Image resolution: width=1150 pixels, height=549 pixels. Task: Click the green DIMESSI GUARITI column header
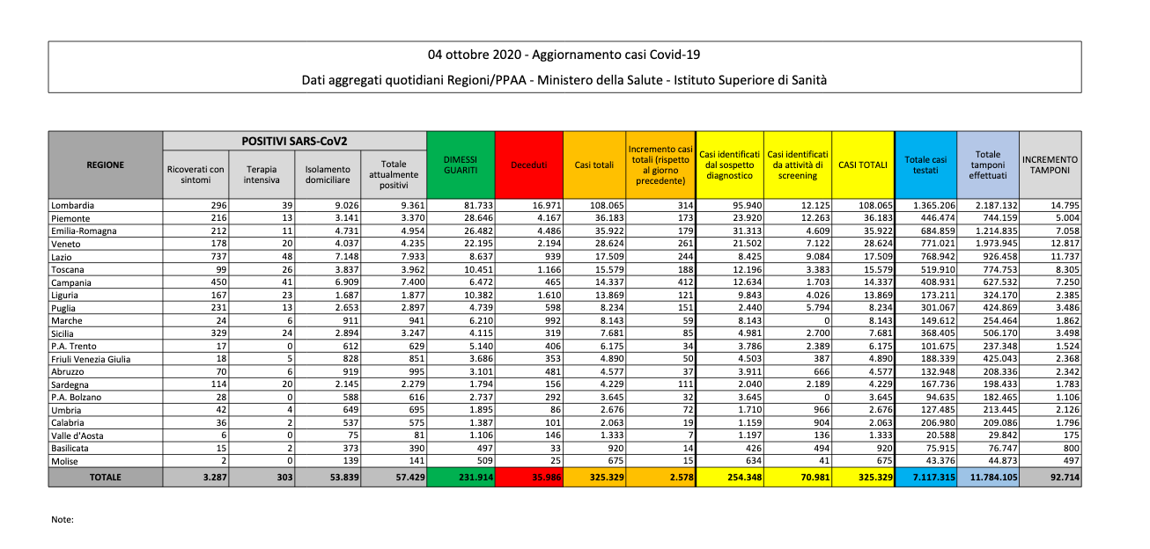pyautogui.click(x=461, y=165)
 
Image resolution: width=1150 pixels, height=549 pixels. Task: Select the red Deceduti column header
pyautogui.click(x=529, y=165)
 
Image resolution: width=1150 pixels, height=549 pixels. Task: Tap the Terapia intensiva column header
pyautogui.click(x=262, y=174)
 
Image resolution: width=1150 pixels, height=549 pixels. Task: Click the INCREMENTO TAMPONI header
pyautogui.click(x=1050, y=165)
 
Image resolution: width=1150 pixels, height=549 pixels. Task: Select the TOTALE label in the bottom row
pyautogui.click(x=105, y=477)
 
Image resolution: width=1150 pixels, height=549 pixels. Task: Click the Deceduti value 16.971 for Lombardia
pyautogui.click(x=543, y=206)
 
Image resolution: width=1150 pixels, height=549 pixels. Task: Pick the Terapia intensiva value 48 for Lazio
pyautogui.click(x=286, y=257)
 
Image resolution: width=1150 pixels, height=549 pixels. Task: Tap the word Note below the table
pyautogui.click(x=63, y=519)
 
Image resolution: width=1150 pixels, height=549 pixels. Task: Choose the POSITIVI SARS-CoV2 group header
pyautogui.click(x=294, y=141)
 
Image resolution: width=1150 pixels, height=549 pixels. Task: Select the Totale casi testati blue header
pyautogui.click(x=925, y=165)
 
